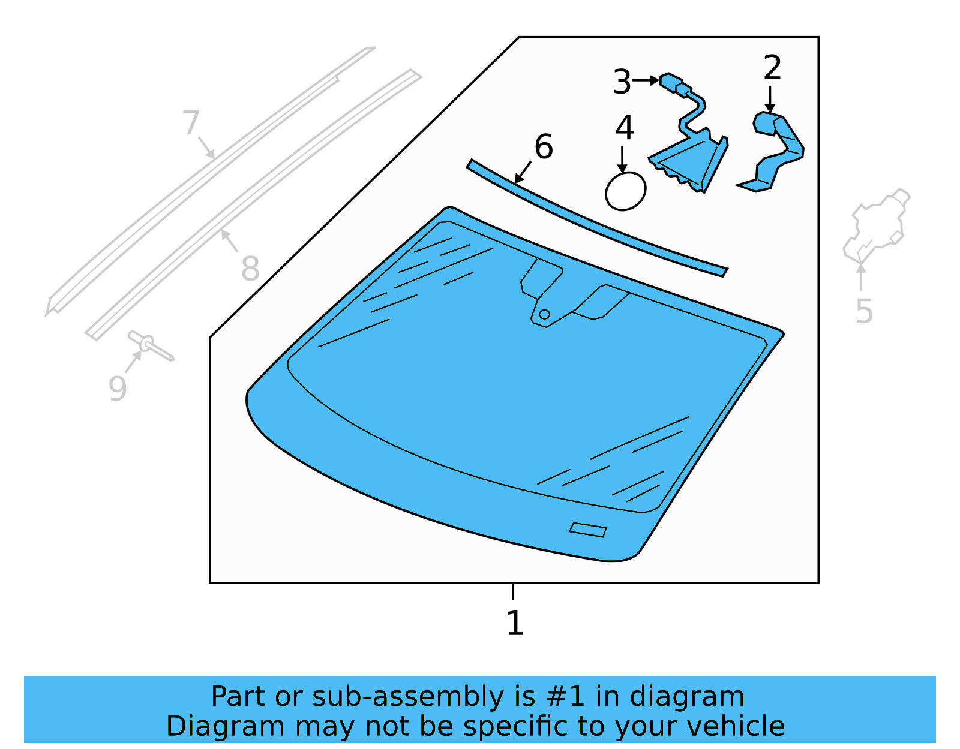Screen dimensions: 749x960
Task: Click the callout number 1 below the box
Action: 515,624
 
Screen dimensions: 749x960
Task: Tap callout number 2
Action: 772,68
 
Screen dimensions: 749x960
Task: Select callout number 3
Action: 622,82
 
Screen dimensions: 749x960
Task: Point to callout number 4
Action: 625,128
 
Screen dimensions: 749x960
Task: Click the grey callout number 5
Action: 864,311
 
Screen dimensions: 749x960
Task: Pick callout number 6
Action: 544,147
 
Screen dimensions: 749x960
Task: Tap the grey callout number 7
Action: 191,122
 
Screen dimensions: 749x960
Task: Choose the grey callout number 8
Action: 250,269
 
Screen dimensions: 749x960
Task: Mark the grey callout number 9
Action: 118,389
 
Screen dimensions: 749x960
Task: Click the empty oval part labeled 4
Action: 625,191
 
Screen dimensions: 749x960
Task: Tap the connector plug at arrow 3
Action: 671,82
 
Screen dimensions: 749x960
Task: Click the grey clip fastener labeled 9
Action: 150,347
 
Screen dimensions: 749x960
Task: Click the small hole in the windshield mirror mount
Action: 544,314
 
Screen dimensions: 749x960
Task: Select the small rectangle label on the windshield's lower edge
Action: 587,530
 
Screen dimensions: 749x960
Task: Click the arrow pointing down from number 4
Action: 623,161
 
